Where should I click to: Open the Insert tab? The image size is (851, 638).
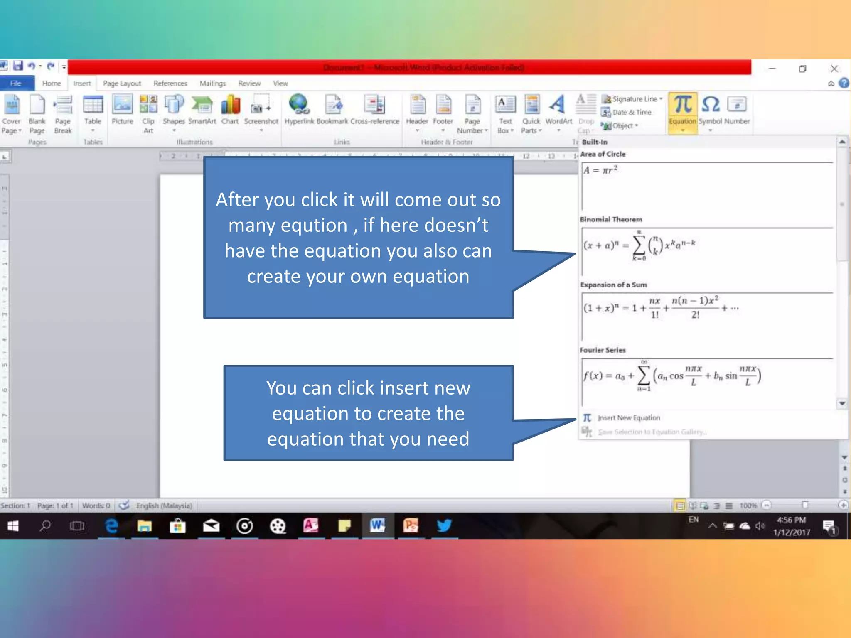point(82,83)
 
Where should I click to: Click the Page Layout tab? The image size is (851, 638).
point(122,83)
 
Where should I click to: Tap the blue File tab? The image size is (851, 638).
point(16,83)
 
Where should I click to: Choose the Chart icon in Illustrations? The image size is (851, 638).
point(230,109)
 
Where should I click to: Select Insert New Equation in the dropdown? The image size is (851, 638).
point(628,418)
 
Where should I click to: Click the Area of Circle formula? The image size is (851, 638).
point(600,170)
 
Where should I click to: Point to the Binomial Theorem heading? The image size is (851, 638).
point(611,219)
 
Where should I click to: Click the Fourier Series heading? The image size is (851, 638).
point(603,350)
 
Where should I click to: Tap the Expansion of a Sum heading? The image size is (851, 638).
point(613,285)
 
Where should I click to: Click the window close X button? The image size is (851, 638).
point(834,69)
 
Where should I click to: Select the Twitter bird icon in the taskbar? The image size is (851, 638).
point(444,526)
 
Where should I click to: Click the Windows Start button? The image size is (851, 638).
point(13,526)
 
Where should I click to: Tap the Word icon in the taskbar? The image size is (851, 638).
point(377,526)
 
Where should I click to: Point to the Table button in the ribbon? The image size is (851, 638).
point(93,110)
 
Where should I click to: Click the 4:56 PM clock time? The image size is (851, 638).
point(791,520)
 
